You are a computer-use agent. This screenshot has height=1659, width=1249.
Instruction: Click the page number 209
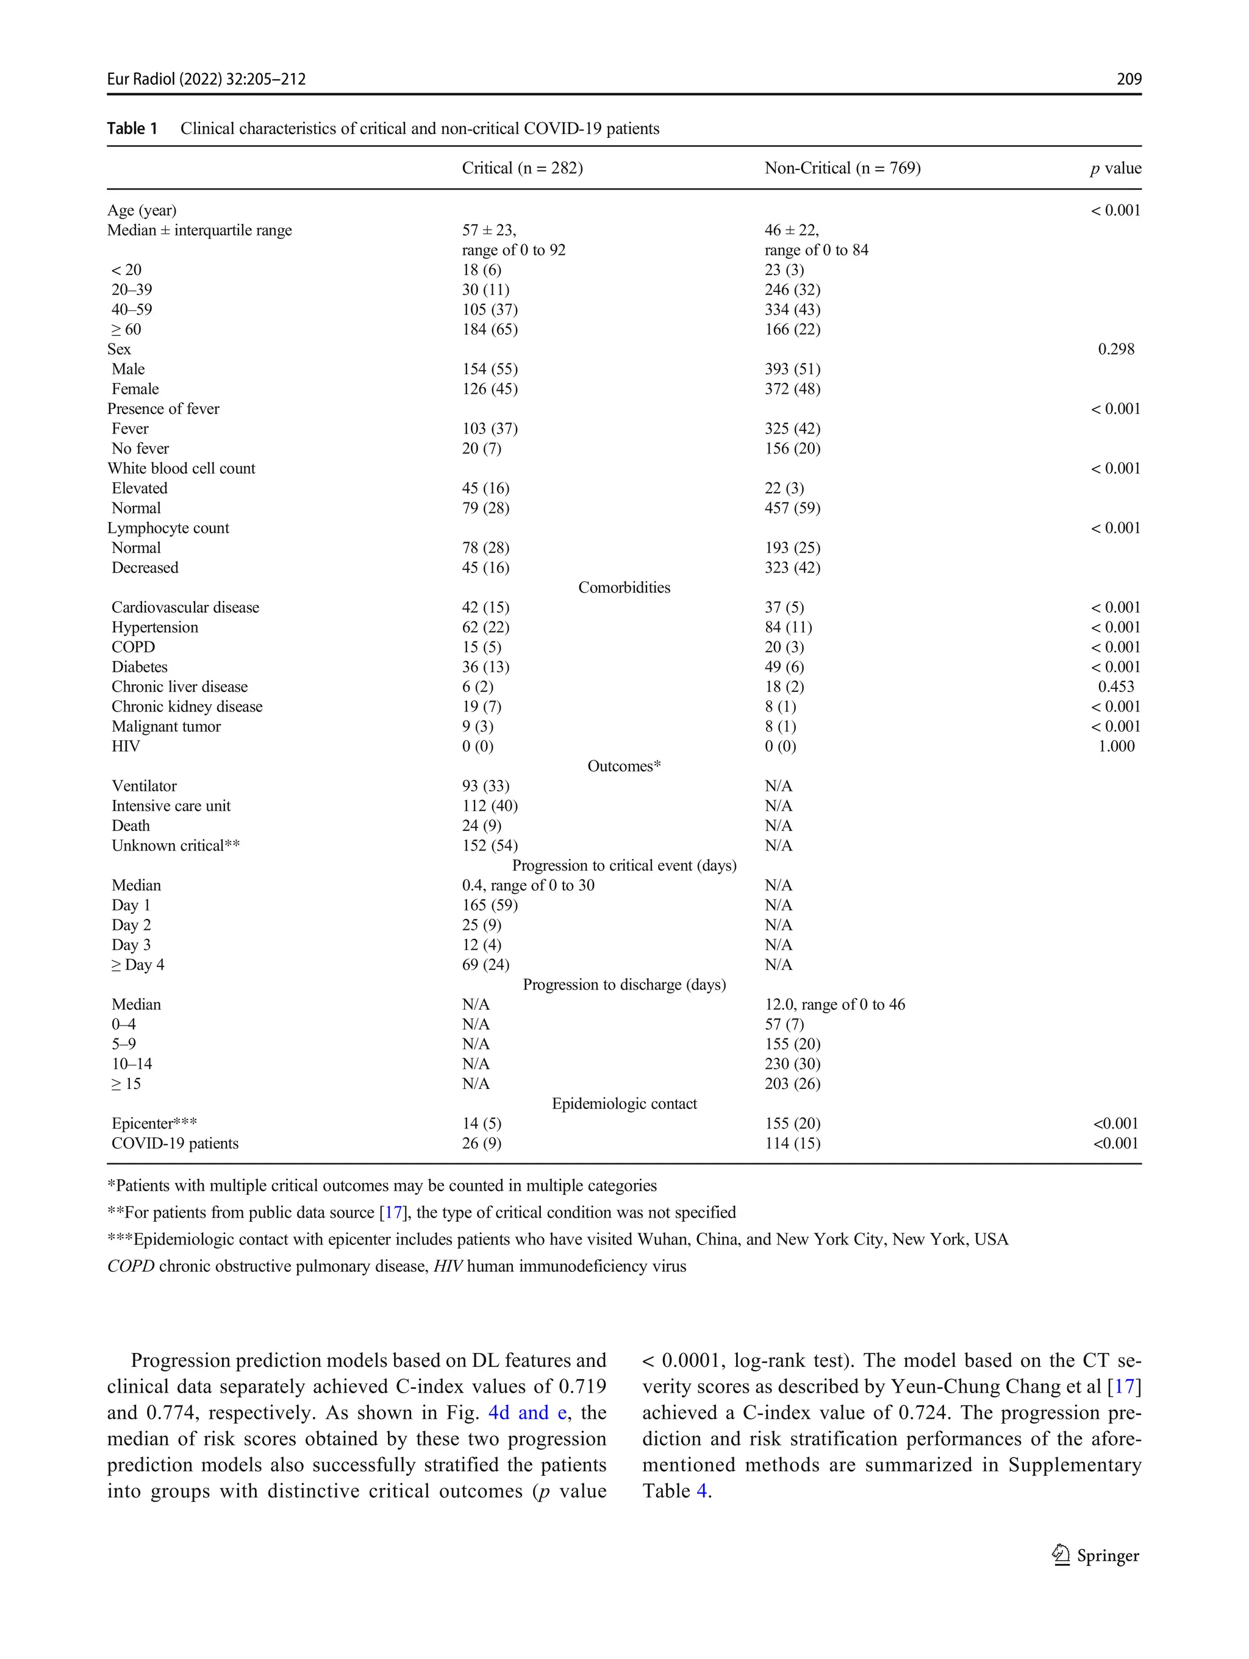pyautogui.click(x=1128, y=79)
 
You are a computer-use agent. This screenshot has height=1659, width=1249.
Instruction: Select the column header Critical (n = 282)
pyautogui.click(x=522, y=168)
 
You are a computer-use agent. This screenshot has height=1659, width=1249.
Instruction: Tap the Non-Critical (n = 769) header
pyautogui.click(x=842, y=168)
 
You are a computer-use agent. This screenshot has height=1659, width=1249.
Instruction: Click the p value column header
pyautogui.click(x=1115, y=169)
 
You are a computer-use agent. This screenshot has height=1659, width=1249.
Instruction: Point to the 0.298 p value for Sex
pyautogui.click(x=1115, y=349)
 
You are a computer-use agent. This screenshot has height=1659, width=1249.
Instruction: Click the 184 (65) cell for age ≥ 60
pyautogui.click(x=489, y=329)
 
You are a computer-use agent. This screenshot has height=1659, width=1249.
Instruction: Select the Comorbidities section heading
pyautogui.click(x=623, y=587)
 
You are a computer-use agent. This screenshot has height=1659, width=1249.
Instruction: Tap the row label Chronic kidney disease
pyautogui.click(x=187, y=707)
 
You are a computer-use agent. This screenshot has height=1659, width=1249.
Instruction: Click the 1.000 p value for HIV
pyautogui.click(x=1115, y=746)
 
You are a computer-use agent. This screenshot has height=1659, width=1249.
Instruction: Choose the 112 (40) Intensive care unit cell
pyautogui.click(x=489, y=805)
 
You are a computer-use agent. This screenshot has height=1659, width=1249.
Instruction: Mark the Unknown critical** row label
pyautogui.click(x=176, y=845)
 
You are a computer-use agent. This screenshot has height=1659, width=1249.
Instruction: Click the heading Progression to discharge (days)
pyautogui.click(x=623, y=984)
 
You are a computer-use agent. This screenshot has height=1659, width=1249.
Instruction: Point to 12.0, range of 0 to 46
pyautogui.click(x=834, y=1004)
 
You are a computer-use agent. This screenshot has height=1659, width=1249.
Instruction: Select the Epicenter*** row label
pyautogui.click(x=154, y=1124)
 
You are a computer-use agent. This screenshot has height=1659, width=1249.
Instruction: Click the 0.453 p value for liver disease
pyautogui.click(x=1115, y=687)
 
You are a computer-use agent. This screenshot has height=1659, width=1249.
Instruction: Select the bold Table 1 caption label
pyautogui.click(x=132, y=128)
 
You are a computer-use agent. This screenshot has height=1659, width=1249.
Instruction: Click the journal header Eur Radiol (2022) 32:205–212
pyautogui.click(x=206, y=79)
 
